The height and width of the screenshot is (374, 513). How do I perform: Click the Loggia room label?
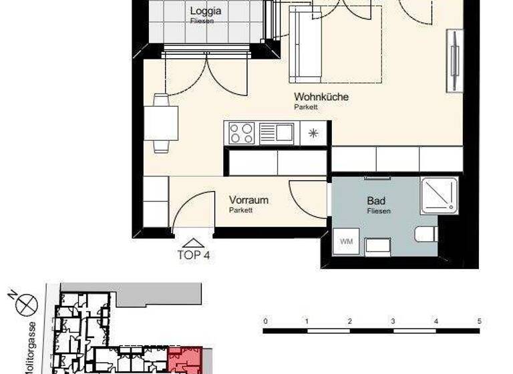pos(205,11)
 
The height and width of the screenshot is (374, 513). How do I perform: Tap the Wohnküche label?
pos(321,97)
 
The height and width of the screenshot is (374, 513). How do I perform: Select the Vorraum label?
pos(249,200)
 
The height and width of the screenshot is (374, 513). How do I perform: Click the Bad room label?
pos(377,200)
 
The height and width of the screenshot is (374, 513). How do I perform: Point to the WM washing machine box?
pos(346,240)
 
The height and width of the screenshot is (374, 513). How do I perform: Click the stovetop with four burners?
pos(242,133)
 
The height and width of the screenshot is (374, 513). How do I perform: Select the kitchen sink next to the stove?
pos(277,133)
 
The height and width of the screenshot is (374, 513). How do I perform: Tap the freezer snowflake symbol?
pos(313,133)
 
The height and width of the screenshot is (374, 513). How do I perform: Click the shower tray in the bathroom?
pos(440,196)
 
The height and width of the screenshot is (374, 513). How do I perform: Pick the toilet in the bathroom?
pos(425,234)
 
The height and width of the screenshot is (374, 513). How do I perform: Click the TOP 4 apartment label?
pos(194,254)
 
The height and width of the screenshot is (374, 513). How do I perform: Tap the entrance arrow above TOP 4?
pos(193,243)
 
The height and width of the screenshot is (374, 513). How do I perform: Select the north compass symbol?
pos(27,304)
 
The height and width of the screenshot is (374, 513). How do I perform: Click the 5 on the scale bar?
pos(479,321)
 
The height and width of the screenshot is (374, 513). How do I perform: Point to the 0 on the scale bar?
pos(265,321)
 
